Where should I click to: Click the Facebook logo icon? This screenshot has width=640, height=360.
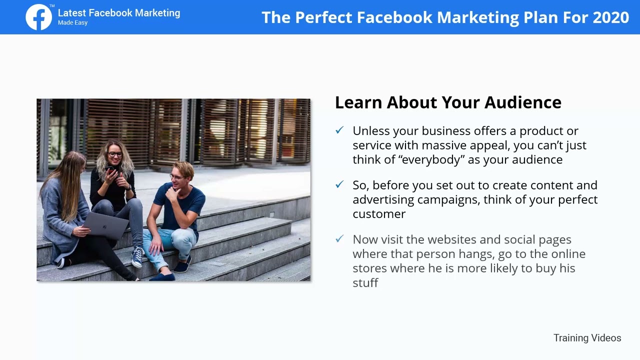(x=39, y=17)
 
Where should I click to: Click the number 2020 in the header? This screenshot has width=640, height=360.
(x=610, y=17)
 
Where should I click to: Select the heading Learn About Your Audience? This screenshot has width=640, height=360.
(x=448, y=102)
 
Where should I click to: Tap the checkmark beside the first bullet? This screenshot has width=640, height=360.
(x=339, y=130)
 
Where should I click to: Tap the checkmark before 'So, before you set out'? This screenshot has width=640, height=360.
(x=339, y=185)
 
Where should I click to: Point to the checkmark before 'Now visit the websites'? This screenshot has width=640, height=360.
(x=339, y=239)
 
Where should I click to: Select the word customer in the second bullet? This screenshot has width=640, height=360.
(x=379, y=214)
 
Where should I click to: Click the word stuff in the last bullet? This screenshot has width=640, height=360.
(x=365, y=283)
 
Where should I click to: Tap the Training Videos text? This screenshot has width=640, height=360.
(x=587, y=338)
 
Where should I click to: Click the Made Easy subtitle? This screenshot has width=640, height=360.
(x=72, y=23)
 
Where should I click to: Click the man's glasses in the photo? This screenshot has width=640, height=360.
(x=175, y=176)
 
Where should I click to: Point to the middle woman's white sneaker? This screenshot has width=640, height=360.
(x=137, y=257)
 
